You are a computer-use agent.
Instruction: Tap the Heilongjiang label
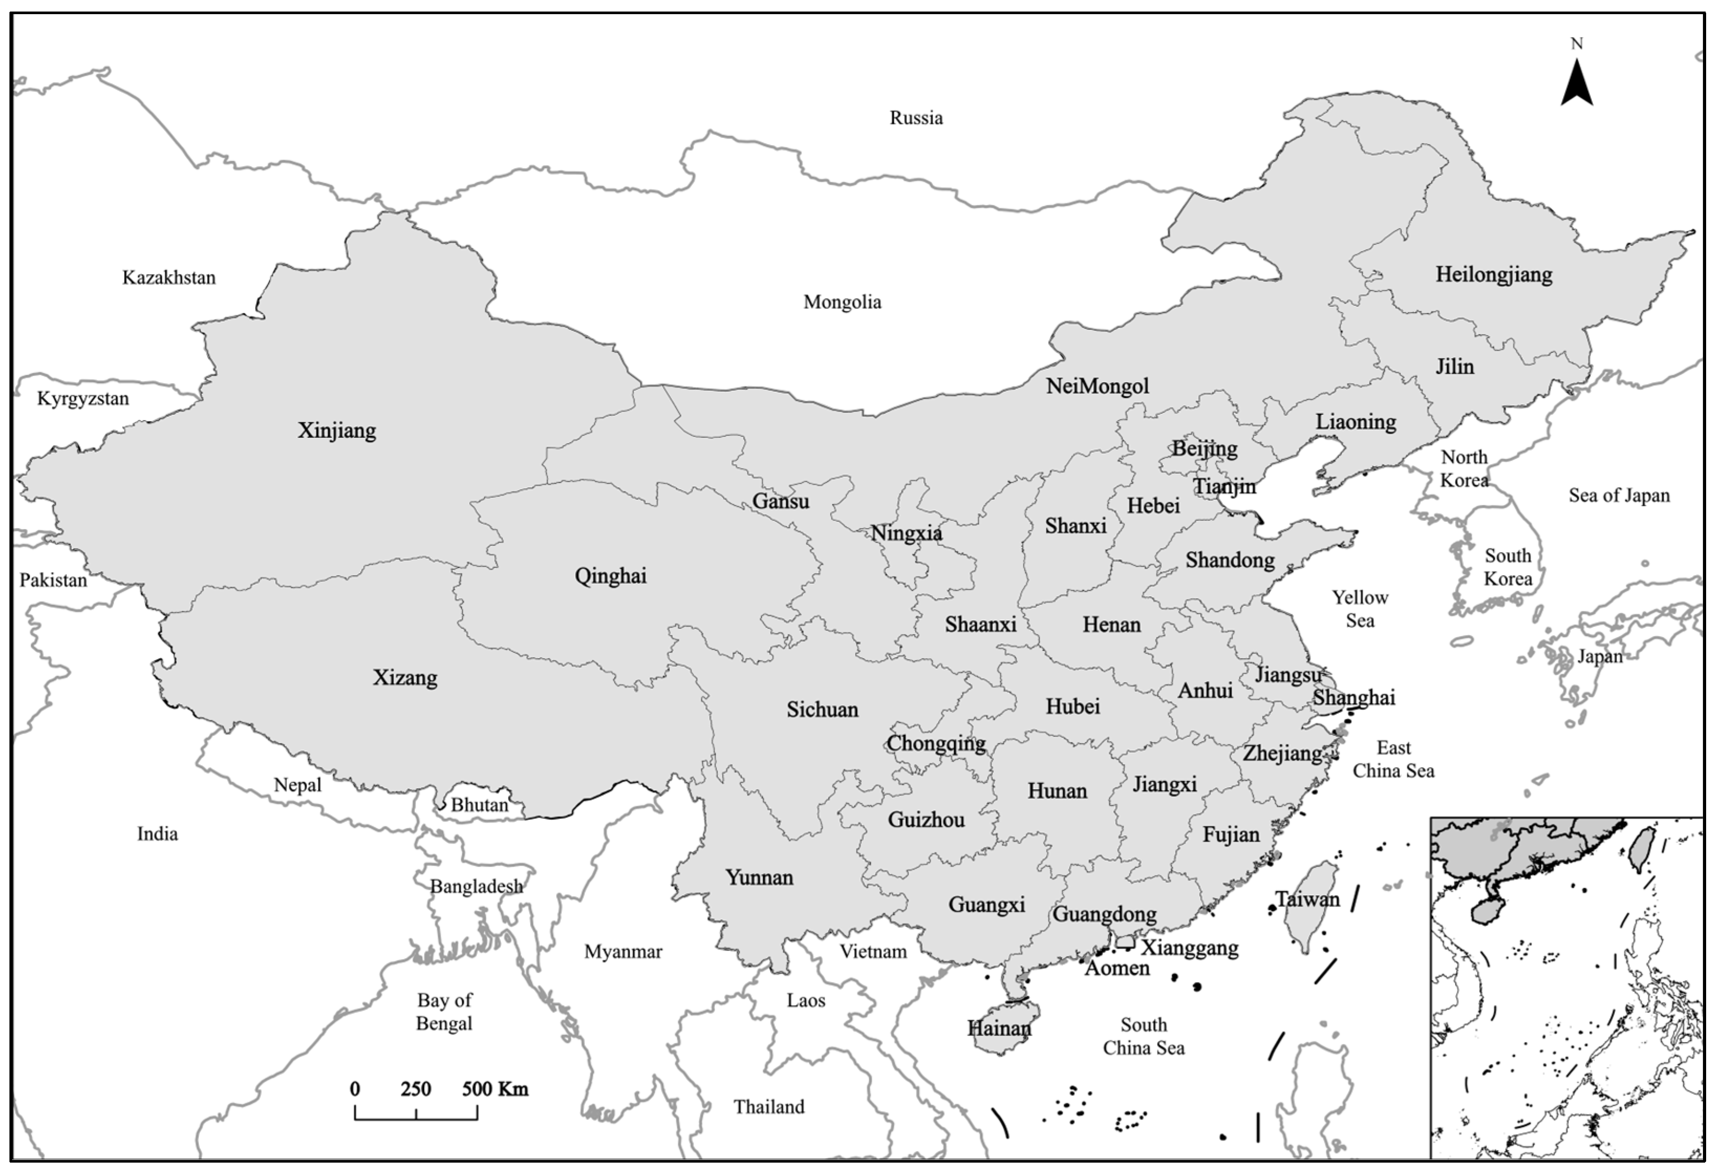tap(1493, 275)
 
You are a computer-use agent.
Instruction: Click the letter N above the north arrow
tap(1577, 44)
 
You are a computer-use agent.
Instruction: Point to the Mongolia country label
tap(842, 302)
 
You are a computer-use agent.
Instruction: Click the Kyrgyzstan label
tap(83, 399)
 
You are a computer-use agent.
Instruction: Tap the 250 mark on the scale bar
tap(416, 1089)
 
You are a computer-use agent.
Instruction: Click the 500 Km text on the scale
tap(495, 1089)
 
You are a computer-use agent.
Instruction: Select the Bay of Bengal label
tap(444, 1012)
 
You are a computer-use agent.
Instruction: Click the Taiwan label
tap(1308, 899)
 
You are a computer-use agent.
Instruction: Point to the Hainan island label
tap(999, 1028)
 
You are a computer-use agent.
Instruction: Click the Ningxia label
tap(907, 533)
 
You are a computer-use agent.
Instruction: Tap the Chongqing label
tap(936, 743)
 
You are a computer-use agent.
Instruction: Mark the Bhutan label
tap(479, 804)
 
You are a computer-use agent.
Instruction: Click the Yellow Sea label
tap(1360, 609)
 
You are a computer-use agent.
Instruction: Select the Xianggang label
tap(1190, 948)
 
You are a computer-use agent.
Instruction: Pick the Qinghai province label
tap(611, 576)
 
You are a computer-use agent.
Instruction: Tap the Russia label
tap(916, 118)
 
